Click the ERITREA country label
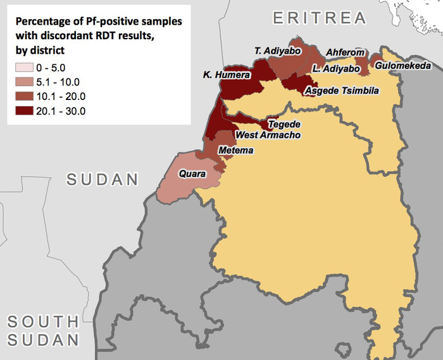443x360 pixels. (x=320, y=18)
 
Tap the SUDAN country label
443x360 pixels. (x=103, y=179)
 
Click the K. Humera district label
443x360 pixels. (x=225, y=75)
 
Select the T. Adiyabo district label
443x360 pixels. (x=277, y=51)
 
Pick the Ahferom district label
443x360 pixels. (x=345, y=53)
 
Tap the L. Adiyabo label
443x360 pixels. (x=336, y=68)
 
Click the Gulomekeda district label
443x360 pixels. (x=402, y=66)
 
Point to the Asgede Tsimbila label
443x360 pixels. (x=342, y=91)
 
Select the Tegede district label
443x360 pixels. (x=284, y=124)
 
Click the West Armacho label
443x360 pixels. (x=268, y=135)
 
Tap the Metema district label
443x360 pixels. (x=235, y=151)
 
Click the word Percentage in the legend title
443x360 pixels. (x=44, y=22)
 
